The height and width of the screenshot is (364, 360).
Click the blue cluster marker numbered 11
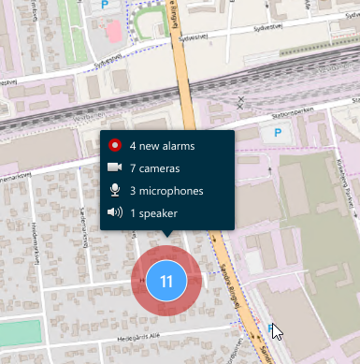[x=166, y=281]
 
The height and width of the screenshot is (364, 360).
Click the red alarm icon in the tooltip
[x=115, y=146]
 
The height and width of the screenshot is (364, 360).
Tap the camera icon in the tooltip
[x=115, y=168]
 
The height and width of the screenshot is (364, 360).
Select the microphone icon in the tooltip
[x=115, y=191]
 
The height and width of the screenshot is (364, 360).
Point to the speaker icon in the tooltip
[x=115, y=213]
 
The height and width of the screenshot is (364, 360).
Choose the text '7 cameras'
[x=154, y=168]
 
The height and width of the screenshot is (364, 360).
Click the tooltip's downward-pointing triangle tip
[x=166, y=238]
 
